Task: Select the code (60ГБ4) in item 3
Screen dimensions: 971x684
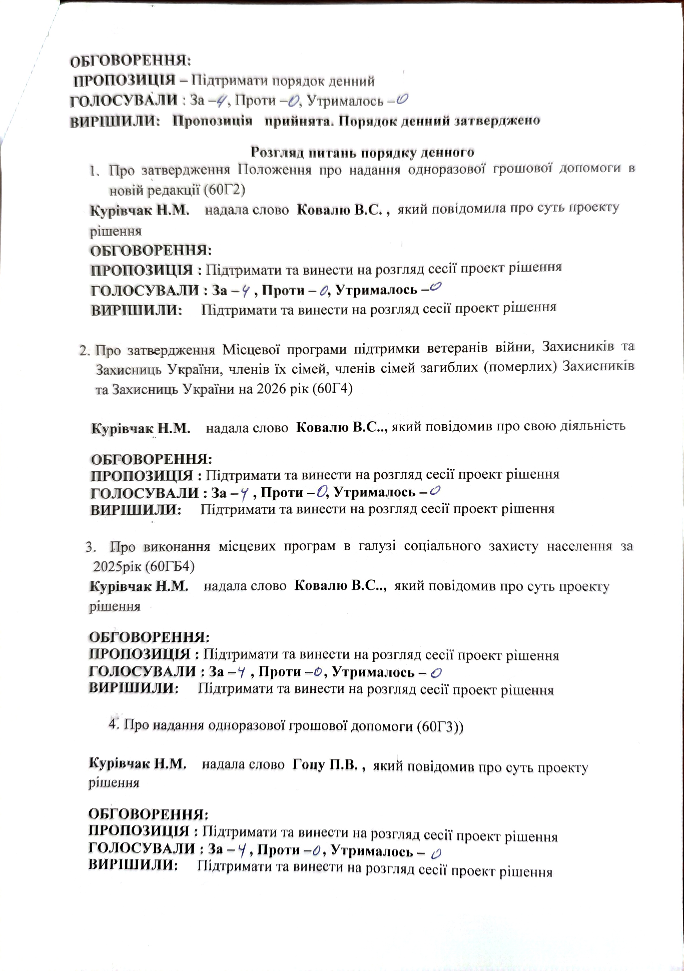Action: point(170,566)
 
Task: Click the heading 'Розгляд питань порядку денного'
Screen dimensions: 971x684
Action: point(362,151)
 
